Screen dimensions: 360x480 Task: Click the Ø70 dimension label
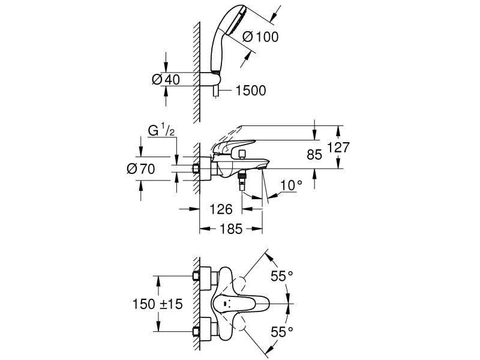point(141,169)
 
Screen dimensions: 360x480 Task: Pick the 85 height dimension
point(314,154)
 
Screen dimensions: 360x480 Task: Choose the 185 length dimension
point(231,229)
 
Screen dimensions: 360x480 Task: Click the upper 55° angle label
point(281,275)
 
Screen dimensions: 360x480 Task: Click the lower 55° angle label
point(281,331)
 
